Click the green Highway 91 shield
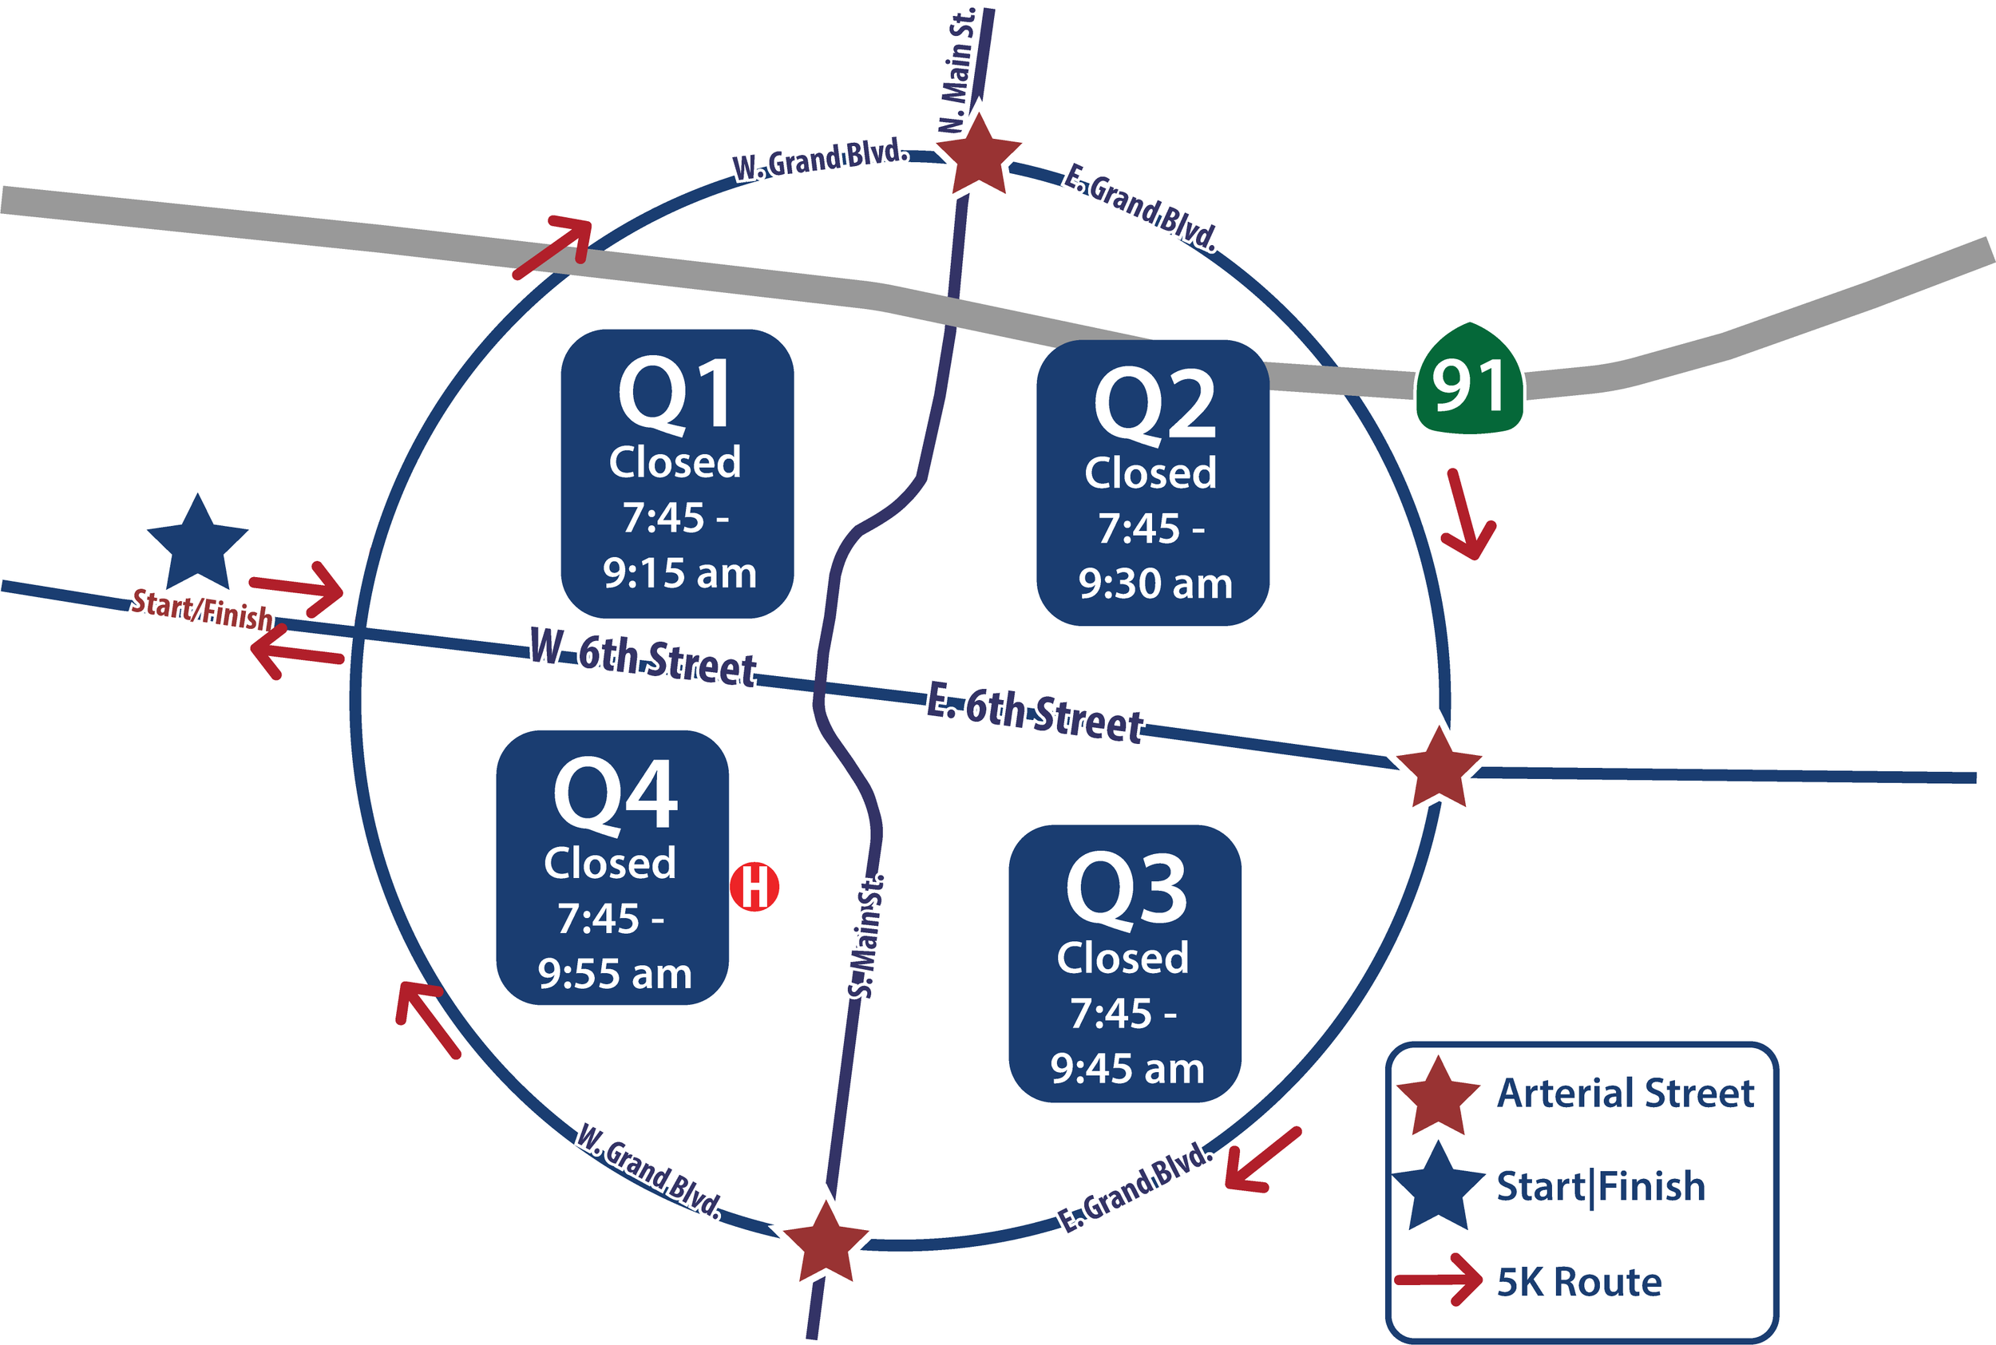(x=1468, y=382)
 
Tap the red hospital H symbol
(x=754, y=886)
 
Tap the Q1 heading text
(x=676, y=393)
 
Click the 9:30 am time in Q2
(x=1154, y=584)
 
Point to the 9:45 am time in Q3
(x=1127, y=1069)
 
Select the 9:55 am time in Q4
(x=614, y=975)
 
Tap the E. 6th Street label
(x=1035, y=713)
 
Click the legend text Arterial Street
(x=1625, y=1094)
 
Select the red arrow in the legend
(x=1438, y=1280)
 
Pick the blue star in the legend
(x=1438, y=1187)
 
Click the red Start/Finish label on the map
(x=201, y=610)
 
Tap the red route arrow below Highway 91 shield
(x=1469, y=516)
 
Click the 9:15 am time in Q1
(x=679, y=573)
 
